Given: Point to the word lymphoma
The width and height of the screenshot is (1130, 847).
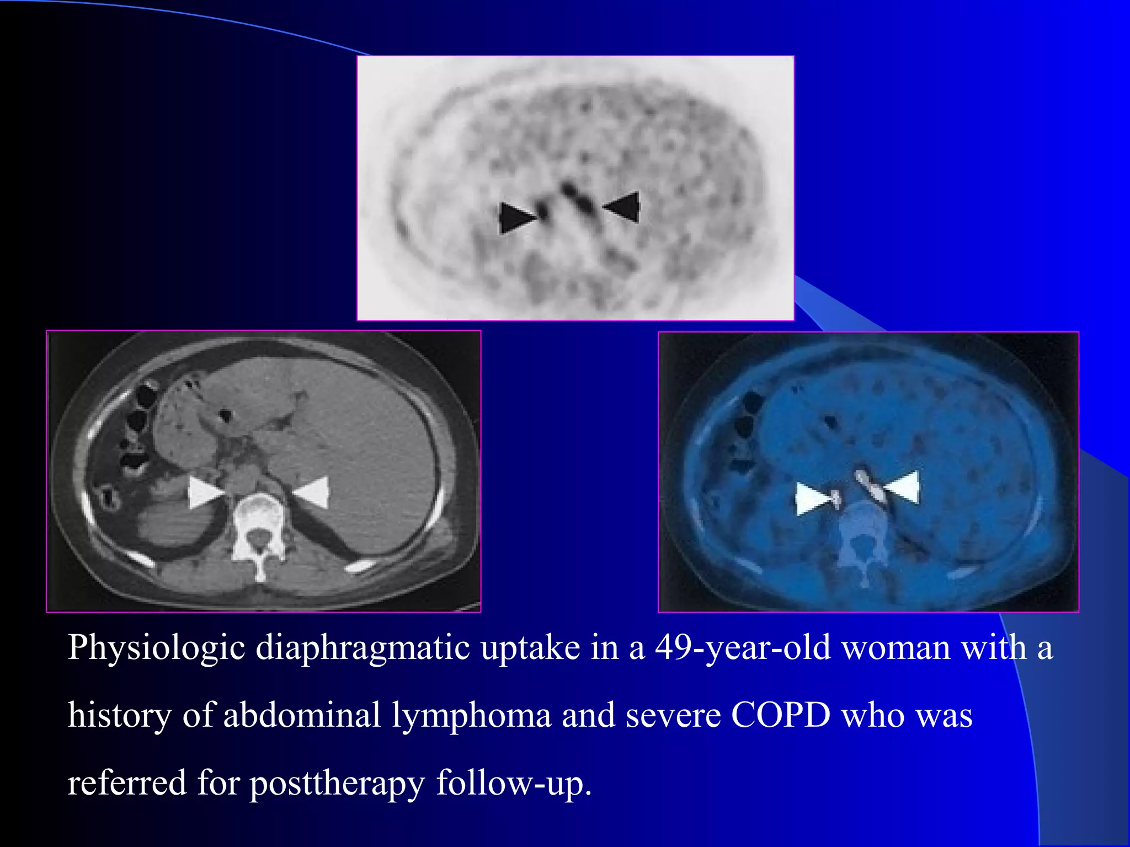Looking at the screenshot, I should point(472,716).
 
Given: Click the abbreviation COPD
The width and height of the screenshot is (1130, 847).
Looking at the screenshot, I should point(781,716).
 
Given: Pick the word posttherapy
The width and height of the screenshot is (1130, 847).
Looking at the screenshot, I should point(337,784).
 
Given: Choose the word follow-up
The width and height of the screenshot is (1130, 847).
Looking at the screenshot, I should point(514,784).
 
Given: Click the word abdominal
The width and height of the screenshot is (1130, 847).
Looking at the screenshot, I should point(302,716).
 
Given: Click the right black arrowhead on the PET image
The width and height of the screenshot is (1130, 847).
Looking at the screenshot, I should point(623,207).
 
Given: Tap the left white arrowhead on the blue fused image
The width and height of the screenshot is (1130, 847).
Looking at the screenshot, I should point(812,499).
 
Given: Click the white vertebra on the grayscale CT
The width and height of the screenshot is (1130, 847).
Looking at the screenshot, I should point(258,529).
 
